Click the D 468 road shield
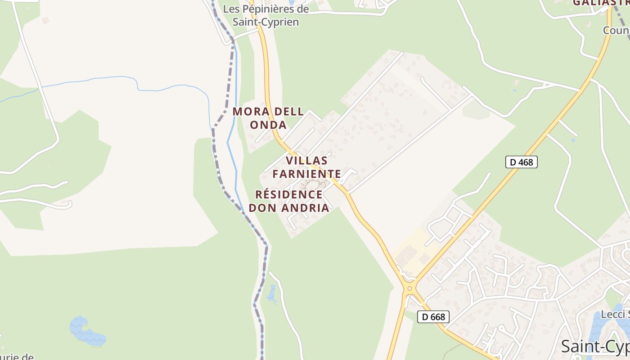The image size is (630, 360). [522, 162]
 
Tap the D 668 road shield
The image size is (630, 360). [434, 317]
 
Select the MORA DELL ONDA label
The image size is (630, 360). [268, 118]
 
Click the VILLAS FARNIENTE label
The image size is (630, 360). [307, 167]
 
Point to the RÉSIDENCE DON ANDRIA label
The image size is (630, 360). [289, 201]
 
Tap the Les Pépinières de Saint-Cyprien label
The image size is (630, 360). [266, 15]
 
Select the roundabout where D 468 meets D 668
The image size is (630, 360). [409, 288]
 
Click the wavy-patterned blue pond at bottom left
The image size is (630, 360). [86, 332]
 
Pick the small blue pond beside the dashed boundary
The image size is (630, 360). [271, 294]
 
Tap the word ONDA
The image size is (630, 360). [268, 125]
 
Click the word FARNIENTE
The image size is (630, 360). [307, 174]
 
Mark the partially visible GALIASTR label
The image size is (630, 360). [601, 3]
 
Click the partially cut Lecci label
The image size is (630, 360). [615, 314]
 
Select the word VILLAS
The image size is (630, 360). [307, 160]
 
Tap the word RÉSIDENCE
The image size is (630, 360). [289, 194]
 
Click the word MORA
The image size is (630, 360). [248, 112]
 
